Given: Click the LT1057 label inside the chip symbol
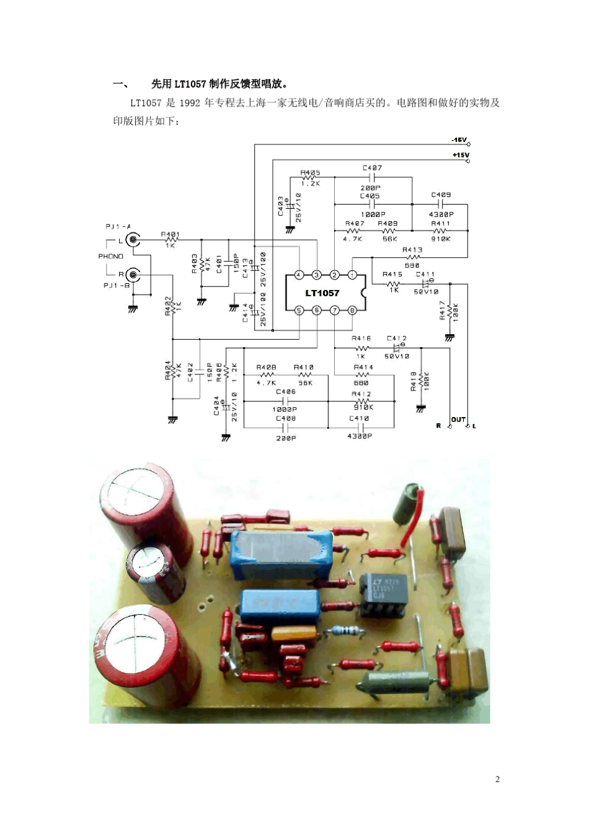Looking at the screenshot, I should [x=322, y=293].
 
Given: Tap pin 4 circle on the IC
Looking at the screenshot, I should [x=299, y=275].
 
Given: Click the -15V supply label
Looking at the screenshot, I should [x=459, y=140].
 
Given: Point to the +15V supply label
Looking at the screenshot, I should [x=460, y=154].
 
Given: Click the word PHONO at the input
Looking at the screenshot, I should [x=111, y=256].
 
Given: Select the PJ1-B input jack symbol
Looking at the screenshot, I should [x=132, y=274].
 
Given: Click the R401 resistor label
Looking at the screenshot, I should [x=170, y=234].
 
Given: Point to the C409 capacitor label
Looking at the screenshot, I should [x=441, y=195].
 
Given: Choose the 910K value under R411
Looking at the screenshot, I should [x=441, y=239].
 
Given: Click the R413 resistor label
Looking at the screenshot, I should [x=412, y=250].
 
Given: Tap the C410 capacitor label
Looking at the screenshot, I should [x=359, y=418].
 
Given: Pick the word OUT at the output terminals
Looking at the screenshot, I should [x=458, y=420].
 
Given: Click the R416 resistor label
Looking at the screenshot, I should [x=361, y=338].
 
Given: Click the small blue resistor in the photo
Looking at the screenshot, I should [x=346, y=631].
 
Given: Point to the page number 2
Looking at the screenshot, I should [x=497, y=779].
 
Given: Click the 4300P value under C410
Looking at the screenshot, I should [x=359, y=436].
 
